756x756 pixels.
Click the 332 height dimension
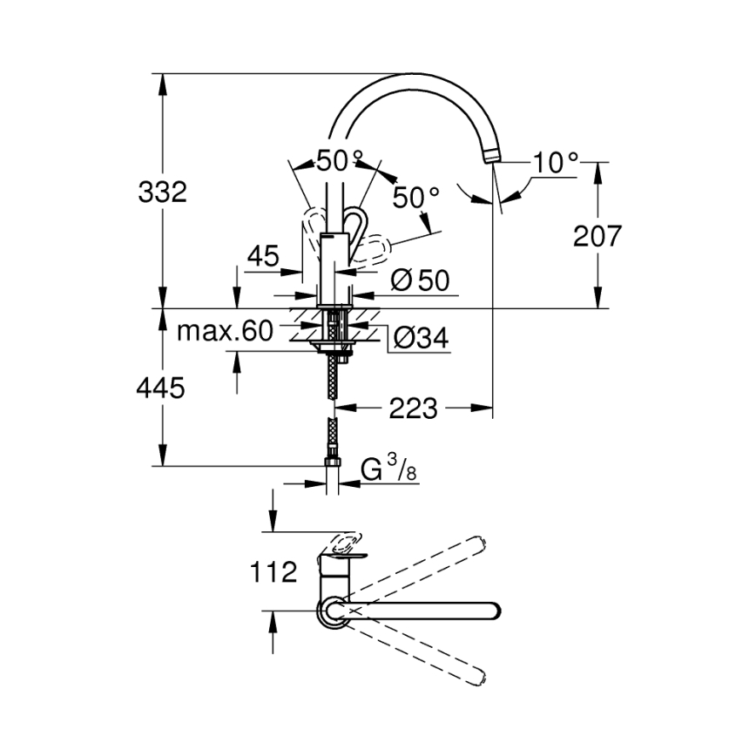point(163,192)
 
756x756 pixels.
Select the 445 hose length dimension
point(160,388)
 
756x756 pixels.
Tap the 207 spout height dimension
point(597,235)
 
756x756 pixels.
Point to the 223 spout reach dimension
point(413,408)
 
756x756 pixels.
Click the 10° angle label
point(557,162)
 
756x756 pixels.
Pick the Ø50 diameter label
point(420,280)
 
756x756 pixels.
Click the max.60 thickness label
point(225,330)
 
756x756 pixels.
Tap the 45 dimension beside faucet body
point(262,256)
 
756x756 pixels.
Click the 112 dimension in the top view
point(273,572)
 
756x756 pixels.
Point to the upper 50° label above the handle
point(340,160)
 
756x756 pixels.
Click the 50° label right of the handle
point(415,198)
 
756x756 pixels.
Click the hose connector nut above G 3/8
point(333,462)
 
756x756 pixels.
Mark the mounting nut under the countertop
point(334,349)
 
